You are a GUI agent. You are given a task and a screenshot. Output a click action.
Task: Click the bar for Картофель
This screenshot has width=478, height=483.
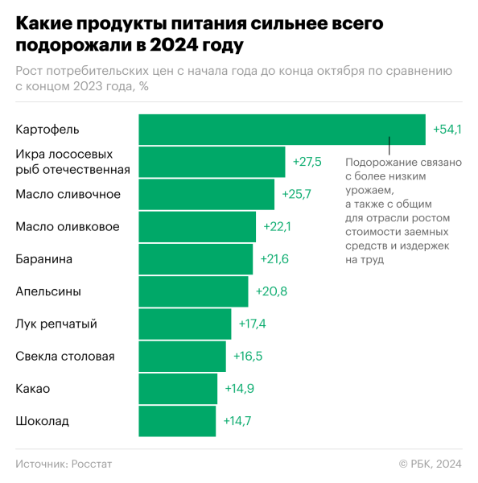[x=282, y=130]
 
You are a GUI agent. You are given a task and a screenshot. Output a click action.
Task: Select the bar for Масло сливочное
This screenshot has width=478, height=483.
[x=207, y=194]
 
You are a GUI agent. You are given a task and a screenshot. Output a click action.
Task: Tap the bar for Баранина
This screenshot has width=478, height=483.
[x=196, y=259]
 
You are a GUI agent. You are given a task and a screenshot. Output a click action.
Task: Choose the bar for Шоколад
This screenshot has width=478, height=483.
[x=177, y=421]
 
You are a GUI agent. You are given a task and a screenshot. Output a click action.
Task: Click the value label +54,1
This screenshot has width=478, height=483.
[x=447, y=130]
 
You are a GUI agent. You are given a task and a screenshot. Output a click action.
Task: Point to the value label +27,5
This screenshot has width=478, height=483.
[x=307, y=162]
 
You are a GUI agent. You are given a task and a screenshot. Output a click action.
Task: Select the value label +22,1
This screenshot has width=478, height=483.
[x=277, y=227]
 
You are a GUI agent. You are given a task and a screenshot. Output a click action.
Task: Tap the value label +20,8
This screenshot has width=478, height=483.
[x=269, y=291]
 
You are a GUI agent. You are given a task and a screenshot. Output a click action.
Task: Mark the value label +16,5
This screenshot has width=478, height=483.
[x=247, y=356]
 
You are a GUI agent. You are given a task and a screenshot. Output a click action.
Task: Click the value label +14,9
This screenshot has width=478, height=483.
[x=238, y=389]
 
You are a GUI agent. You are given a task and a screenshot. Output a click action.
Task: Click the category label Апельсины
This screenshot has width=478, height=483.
[x=48, y=291]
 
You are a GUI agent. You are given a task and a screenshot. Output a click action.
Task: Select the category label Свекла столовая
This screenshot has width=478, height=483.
[x=65, y=356]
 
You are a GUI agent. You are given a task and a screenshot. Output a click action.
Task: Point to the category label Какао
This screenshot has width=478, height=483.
[x=33, y=389]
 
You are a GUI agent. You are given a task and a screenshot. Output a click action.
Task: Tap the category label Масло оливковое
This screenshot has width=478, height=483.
[x=68, y=227]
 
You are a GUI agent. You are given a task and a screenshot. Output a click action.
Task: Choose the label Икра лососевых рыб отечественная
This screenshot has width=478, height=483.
[x=72, y=162]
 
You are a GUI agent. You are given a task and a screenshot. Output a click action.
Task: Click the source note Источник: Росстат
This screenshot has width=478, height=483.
[x=64, y=464]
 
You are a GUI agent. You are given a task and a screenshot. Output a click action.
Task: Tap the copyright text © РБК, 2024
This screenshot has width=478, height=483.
[x=430, y=464]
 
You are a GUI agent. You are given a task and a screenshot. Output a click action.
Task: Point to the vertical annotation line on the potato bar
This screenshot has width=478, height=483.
[x=389, y=145]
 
